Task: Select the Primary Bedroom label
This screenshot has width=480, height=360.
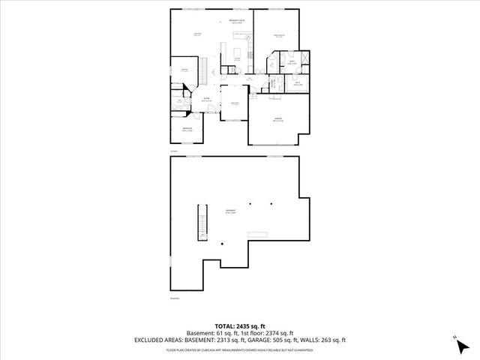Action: click(278, 35)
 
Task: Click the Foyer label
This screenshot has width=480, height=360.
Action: click(205, 100)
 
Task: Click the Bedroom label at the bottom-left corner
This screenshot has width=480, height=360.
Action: click(187, 129)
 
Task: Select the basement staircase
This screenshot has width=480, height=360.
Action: click(201, 223)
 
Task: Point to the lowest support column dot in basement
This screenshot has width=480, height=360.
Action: click(222, 244)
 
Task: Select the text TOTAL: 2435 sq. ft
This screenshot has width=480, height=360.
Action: click(240, 325)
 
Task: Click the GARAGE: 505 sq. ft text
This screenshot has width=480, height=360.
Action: click(284, 340)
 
